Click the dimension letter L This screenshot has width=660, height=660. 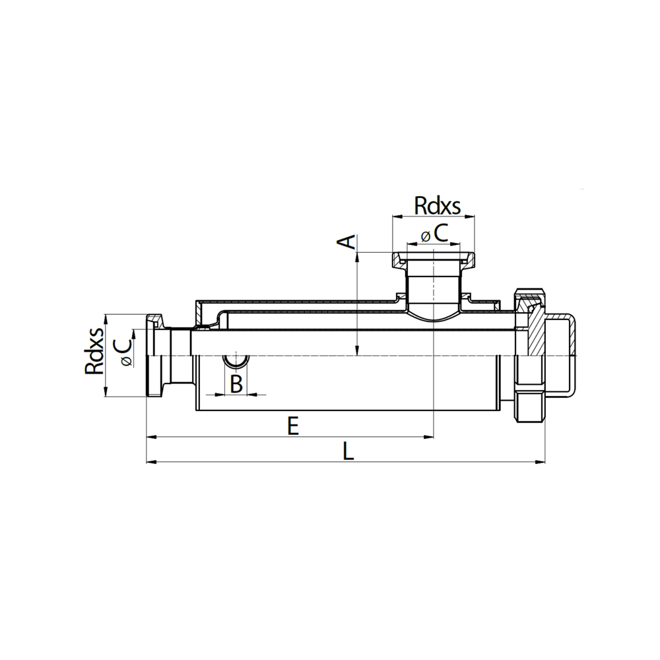tap(348, 451)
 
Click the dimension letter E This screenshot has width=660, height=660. tap(293, 426)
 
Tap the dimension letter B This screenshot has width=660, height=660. tap(236, 383)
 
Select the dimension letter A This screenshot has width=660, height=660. tap(347, 242)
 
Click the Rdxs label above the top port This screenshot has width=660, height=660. tap(438, 206)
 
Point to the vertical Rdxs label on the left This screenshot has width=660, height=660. tap(94, 350)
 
